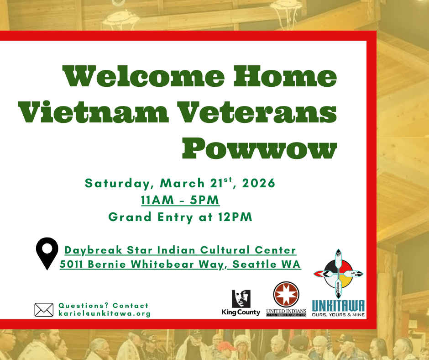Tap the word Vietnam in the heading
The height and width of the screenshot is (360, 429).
coord(93,111)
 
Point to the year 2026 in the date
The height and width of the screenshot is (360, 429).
coord(259,183)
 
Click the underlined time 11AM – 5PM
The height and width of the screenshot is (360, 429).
coord(180,200)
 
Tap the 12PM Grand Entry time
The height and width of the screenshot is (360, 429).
coord(235,217)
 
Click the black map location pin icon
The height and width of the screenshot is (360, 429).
coord(47,254)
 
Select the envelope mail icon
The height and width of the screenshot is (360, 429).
coord(44,310)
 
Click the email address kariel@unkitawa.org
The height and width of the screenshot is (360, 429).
coord(105,313)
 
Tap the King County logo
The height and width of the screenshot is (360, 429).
coord(241,303)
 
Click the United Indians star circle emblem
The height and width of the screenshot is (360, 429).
coord(286,295)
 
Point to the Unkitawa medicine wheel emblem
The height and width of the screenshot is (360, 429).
coord(339,274)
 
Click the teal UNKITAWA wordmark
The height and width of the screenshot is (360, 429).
coord(339,306)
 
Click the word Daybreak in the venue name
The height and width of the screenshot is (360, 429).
coord(93,250)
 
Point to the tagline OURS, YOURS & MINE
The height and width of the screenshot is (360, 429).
coord(339,314)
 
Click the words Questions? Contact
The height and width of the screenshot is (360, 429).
coord(104,306)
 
